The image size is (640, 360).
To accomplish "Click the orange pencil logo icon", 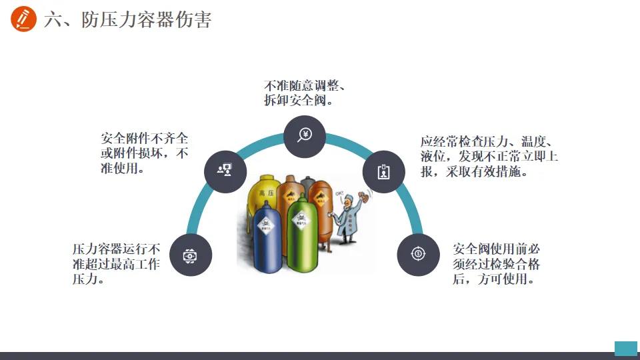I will point(23,19).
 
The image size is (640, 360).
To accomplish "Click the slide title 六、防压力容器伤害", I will point(128,20).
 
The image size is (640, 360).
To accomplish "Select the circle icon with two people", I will point(225,171).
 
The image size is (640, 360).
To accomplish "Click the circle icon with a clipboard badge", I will point(383,171).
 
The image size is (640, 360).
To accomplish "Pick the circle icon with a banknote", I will point(191,254).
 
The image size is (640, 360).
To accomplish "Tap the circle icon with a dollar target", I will point(418,253).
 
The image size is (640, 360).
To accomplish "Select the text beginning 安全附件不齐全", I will point(145,153).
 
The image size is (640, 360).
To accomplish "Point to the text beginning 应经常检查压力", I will point(489,157).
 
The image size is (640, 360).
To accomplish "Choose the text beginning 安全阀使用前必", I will point(497,263).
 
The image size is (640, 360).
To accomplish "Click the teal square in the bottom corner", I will point(625,347).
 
